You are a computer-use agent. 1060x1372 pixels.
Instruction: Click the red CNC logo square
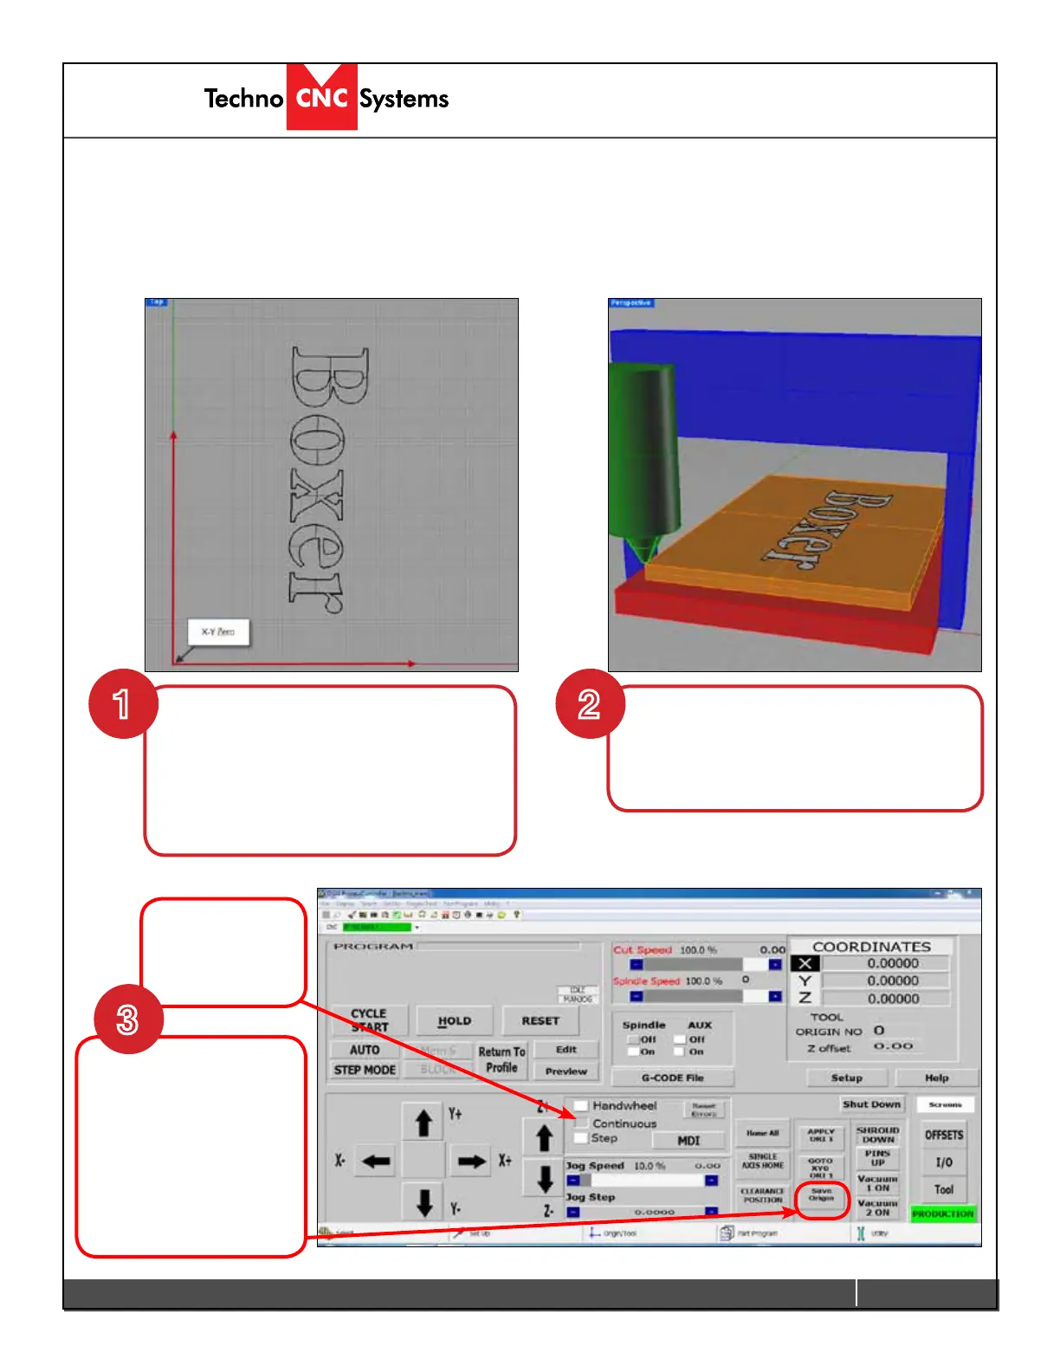click(x=321, y=97)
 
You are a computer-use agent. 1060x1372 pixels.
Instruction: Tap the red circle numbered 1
click(x=123, y=703)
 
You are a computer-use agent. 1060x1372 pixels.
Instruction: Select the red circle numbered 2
click(x=590, y=703)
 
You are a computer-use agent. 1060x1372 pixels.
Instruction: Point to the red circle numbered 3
click(x=128, y=1019)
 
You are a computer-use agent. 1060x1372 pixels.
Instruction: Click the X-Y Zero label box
click(x=218, y=632)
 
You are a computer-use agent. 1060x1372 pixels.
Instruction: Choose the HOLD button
click(x=454, y=1021)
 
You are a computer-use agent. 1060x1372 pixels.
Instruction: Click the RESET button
click(x=540, y=1021)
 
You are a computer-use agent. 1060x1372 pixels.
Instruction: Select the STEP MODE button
click(x=365, y=1071)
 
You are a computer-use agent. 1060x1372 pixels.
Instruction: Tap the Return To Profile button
click(x=501, y=1059)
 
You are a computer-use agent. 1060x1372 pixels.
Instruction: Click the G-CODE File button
click(x=672, y=1078)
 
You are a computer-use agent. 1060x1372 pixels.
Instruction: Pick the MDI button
click(x=688, y=1141)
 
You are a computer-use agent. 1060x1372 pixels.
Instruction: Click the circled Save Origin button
click(x=821, y=1195)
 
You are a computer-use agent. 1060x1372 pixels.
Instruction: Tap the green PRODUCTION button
click(x=942, y=1214)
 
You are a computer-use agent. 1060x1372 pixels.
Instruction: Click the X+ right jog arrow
click(x=472, y=1162)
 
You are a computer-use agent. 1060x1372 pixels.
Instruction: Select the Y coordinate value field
click(x=885, y=981)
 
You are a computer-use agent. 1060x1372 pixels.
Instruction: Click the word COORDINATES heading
click(x=871, y=947)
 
